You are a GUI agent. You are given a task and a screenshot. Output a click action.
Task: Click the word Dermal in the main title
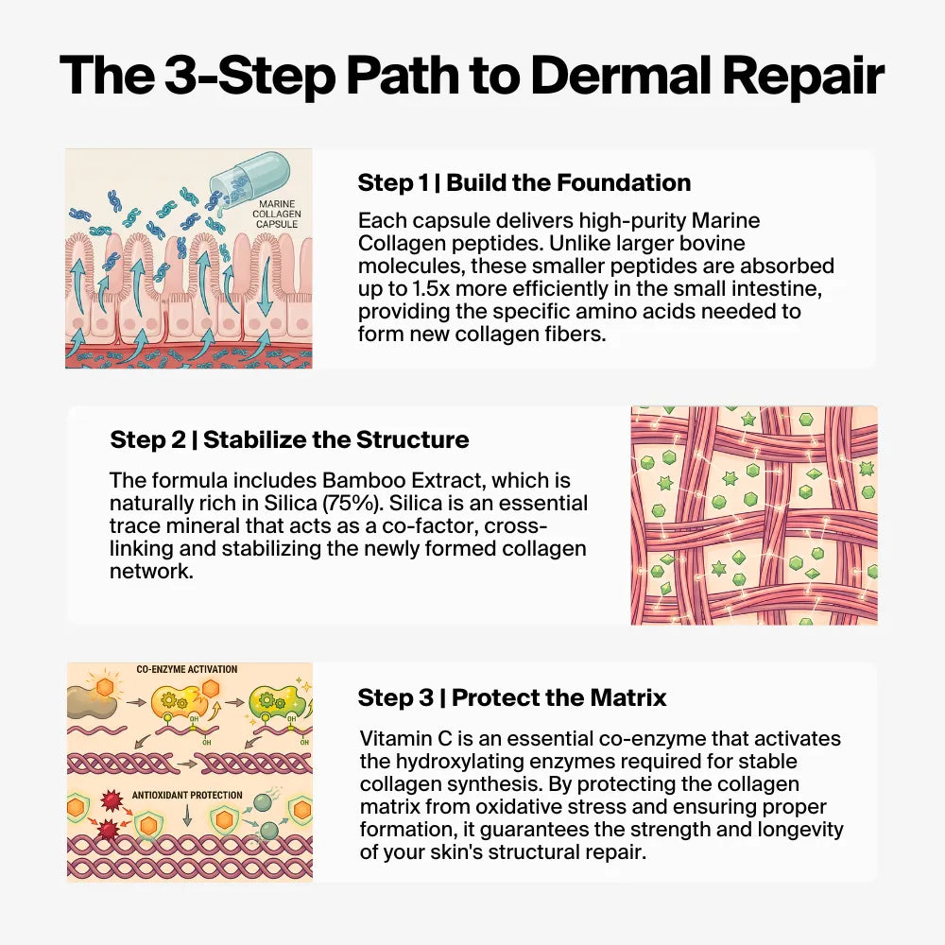(620, 75)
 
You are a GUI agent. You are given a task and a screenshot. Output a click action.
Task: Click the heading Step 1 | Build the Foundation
(524, 182)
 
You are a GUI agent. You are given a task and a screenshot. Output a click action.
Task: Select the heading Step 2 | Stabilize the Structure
(289, 439)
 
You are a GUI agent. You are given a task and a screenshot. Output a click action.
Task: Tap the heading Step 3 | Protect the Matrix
(512, 697)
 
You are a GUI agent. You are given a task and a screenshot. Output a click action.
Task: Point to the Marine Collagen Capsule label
(277, 214)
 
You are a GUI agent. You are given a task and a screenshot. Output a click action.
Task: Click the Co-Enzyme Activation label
(187, 669)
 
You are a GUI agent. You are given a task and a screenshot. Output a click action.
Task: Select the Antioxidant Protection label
(187, 795)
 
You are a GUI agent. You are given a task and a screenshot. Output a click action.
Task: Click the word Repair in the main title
(803, 77)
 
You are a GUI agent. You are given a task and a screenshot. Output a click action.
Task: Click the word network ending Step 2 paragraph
(151, 572)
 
